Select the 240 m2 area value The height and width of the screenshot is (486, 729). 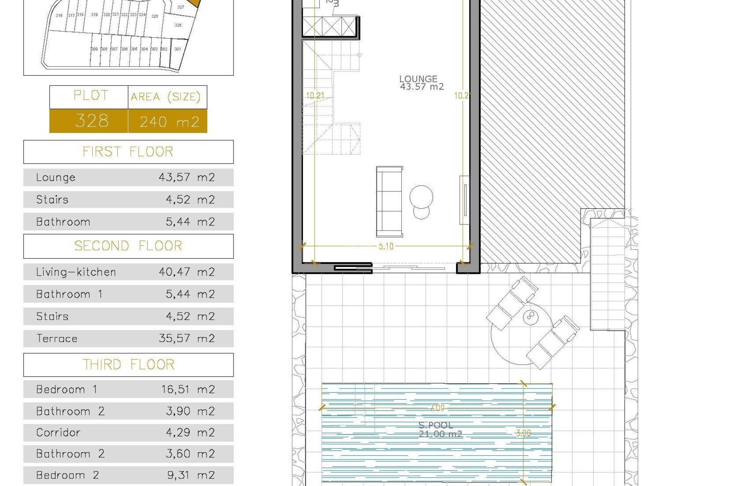[x=169, y=122]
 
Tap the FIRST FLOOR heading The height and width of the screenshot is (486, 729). [x=128, y=152]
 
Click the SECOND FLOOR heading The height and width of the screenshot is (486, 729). [x=128, y=246]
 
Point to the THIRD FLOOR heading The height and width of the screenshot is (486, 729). [x=128, y=365]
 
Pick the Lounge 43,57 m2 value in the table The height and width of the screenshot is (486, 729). [x=186, y=177]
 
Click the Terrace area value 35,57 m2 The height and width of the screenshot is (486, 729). [x=186, y=338]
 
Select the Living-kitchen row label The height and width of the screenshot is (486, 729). [x=76, y=272]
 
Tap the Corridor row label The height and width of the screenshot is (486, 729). [x=58, y=432]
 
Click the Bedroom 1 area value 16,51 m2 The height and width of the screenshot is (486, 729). [x=188, y=390]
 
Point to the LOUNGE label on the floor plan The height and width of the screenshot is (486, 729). [x=418, y=79]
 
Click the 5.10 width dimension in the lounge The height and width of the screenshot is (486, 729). [x=386, y=246]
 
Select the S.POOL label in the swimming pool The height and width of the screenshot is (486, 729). [x=436, y=425]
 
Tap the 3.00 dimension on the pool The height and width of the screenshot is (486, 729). [x=523, y=433]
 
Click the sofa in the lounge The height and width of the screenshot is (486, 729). [x=390, y=202]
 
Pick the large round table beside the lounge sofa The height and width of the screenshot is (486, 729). [x=421, y=197]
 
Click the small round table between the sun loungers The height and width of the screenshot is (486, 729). [x=530, y=317]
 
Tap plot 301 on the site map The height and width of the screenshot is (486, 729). [x=177, y=49]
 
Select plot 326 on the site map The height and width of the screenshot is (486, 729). [x=178, y=25]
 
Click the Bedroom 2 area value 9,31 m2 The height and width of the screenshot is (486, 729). [x=191, y=475]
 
